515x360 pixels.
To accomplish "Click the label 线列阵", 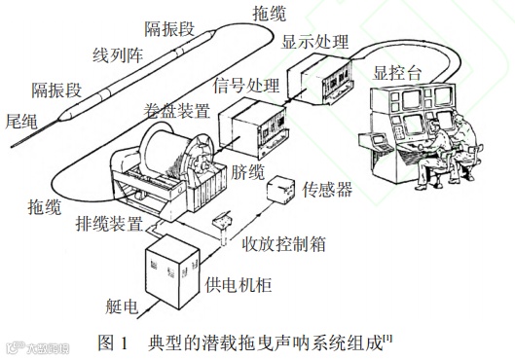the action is (x=117, y=54).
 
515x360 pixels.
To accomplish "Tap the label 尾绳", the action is (x=21, y=122).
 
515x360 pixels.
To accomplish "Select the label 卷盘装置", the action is (x=177, y=111).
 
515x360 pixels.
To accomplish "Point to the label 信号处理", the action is (x=246, y=86).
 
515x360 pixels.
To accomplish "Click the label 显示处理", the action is (x=314, y=42).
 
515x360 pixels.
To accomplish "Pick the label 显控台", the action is (x=397, y=73).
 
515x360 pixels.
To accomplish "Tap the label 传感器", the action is (x=327, y=190).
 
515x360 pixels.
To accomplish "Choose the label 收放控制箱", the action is (x=283, y=244).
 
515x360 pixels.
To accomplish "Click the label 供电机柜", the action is (x=239, y=284).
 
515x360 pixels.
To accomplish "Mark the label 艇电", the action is (x=122, y=306).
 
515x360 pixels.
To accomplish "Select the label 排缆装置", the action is (x=109, y=224).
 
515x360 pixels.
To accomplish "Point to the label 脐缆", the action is (x=247, y=171).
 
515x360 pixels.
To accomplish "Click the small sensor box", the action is (x=280, y=191).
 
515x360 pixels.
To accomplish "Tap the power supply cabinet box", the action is (x=172, y=271).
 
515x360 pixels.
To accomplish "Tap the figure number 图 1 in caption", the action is (x=113, y=342).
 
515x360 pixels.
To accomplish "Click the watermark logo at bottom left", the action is (x=37, y=348).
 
